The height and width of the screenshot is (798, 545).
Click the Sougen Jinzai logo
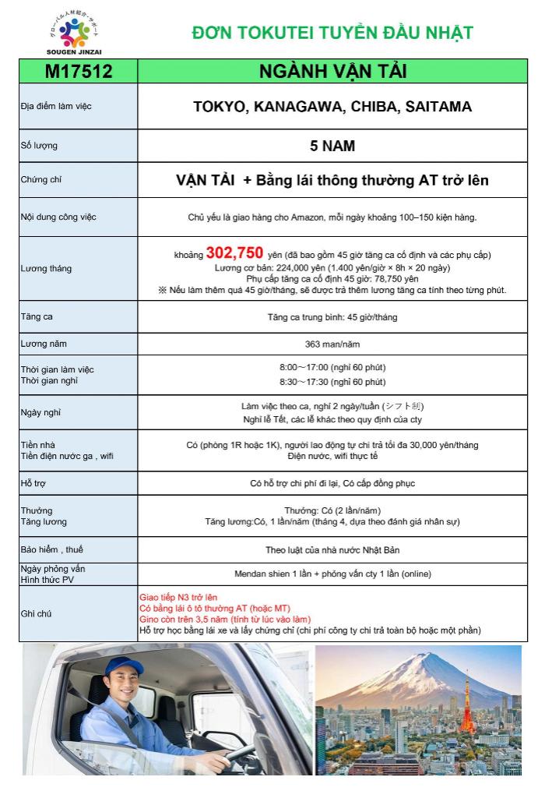coord(75,34)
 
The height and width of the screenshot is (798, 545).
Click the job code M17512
coord(79,72)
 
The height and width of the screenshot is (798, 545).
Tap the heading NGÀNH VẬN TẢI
coord(332,72)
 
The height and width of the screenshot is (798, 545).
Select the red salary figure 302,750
coord(234,253)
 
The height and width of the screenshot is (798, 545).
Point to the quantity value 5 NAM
coord(332,145)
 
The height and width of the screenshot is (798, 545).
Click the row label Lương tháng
coord(46,269)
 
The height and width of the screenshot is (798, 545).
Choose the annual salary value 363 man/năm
coord(332,344)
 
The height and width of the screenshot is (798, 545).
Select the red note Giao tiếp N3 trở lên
coord(178,597)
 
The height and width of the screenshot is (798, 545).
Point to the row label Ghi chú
coord(37,614)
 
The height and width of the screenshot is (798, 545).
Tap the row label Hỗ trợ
coord(33,483)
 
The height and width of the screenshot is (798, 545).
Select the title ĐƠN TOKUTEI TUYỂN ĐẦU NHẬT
coord(332,33)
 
